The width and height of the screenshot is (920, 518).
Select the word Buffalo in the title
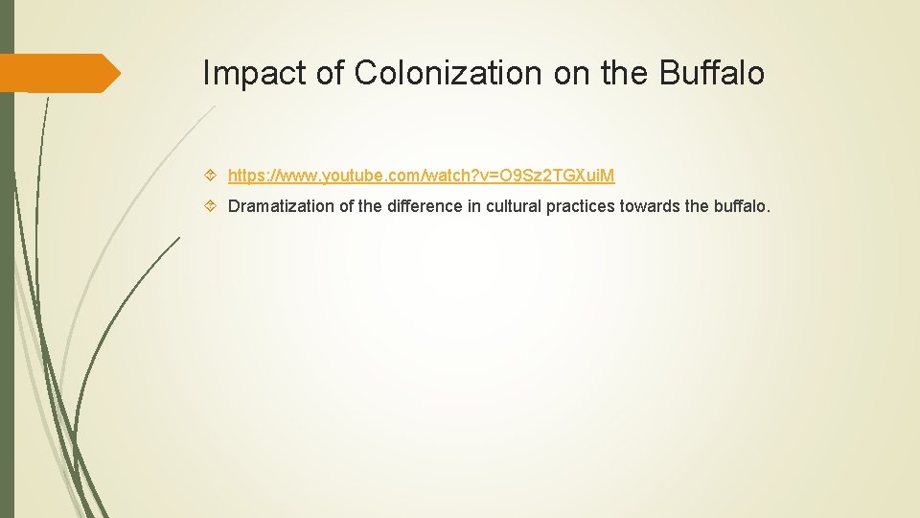point(712,73)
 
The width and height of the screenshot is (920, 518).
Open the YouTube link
point(421,176)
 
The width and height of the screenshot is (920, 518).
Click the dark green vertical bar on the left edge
point(7,288)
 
